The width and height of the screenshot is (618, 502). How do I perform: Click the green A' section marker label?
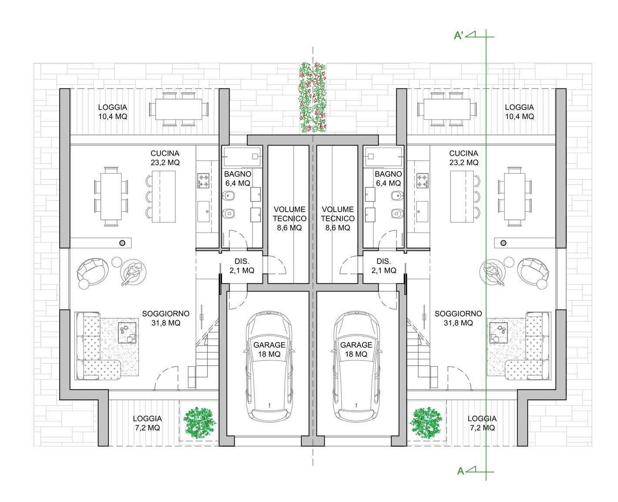pyautogui.click(x=458, y=35)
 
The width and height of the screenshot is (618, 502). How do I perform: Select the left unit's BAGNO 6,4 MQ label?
pyautogui.click(x=238, y=179)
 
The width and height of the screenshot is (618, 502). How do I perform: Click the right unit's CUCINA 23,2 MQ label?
pyautogui.click(x=463, y=158)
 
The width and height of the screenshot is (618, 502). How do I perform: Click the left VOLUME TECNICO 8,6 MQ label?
pyautogui.click(x=289, y=218)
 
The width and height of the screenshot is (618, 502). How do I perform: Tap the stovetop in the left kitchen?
pyautogui.click(x=203, y=180)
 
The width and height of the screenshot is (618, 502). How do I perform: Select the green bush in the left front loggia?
pyautogui.click(x=199, y=422)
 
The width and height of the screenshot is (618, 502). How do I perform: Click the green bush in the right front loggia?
pyautogui.click(x=426, y=422)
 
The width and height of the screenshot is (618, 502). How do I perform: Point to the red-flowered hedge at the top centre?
pyautogui.click(x=313, y=98)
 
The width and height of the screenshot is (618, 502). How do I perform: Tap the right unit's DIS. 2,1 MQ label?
pyautogui.click(x=383, y=266)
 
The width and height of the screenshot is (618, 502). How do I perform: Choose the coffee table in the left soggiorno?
pyautogui.click(x=128, y=333)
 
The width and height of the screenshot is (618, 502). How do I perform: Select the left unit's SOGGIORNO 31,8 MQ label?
pyautogui.click(x=166, y=318)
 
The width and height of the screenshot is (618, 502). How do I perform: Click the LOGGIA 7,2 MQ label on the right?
pyautogui.click(x=482, y=423)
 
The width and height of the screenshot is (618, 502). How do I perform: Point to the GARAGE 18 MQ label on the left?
pyautogui.click(x=269, y=349)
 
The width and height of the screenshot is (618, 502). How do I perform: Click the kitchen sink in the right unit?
pyautogui.click(x=422, y=211)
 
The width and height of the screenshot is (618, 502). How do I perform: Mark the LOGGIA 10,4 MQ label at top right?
pyautogui.click(x=519, y=112)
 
